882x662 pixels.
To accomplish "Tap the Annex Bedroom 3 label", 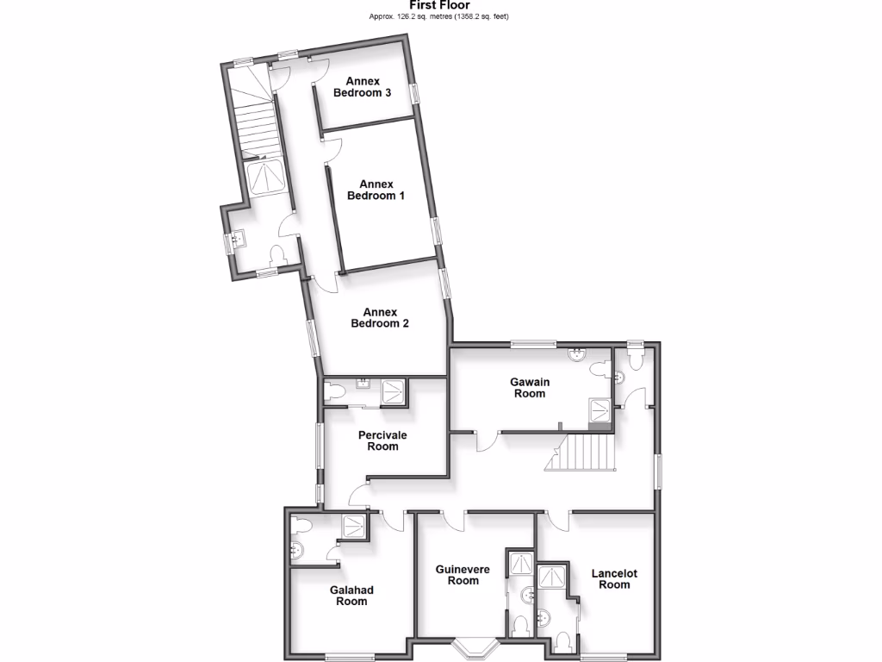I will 363,87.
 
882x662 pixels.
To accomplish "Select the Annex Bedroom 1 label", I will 376,190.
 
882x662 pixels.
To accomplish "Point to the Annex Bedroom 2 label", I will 379,317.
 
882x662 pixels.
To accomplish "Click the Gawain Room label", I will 530,387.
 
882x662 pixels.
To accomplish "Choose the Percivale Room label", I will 382,440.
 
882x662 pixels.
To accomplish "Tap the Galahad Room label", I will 351,595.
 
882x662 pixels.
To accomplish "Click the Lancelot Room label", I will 614,578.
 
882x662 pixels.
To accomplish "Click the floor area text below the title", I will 439,16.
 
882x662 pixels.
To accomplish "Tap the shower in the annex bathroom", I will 264,178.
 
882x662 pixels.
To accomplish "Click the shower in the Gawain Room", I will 599,411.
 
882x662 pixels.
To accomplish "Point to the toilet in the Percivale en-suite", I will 334,392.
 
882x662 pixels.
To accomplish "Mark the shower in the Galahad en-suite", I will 353,525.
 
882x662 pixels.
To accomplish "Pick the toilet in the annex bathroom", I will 277,255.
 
